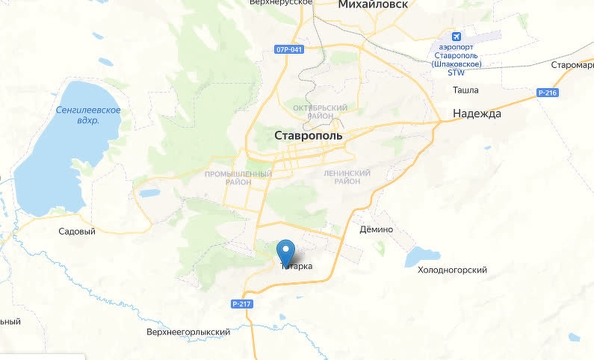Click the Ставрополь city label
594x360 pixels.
(308, 134)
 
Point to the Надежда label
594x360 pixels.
(477, 114)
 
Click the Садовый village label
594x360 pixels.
(77, 231)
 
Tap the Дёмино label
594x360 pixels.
(376, 229)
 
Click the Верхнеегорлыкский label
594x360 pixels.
(188, 331)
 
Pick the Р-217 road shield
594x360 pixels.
(241, 304)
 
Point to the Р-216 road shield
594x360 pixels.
(546, 92)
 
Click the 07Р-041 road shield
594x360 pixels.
(289, 48)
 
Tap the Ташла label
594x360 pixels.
(465, 90)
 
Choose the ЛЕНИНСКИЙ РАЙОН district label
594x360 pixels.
(348, 177)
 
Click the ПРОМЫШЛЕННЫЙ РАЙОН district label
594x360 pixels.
(238, 178)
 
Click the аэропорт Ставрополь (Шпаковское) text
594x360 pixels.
(459, 55)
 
